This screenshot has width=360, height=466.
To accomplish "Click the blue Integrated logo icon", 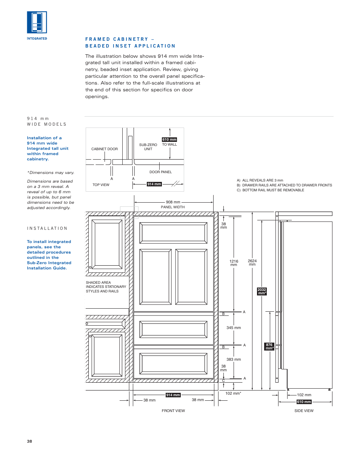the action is tap(37, 22).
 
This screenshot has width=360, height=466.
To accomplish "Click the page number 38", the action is tap(29, 441).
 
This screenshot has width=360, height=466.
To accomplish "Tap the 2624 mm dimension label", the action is tap(252, 263).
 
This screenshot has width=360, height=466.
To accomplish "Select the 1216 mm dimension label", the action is tap(234, 263).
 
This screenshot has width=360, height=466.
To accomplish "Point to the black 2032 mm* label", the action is tap(262, 291).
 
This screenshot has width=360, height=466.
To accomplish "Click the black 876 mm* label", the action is tap(269, 346).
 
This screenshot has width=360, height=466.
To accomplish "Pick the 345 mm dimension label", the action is tap(234, 328).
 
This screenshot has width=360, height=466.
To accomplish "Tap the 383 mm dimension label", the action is tap(234, 359).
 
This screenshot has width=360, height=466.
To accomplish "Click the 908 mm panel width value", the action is tap(173, 202).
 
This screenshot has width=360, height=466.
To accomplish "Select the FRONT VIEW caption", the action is tap(173, 411).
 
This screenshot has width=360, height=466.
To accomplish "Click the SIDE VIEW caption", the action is tap(304, 411).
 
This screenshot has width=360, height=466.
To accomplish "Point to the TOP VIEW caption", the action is tap(101, 185).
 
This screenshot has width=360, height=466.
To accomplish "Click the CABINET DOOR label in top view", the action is tap(105, 149).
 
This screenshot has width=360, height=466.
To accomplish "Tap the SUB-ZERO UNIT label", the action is tap(148, 147).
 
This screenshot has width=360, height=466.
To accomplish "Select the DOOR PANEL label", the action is tap(160, 172).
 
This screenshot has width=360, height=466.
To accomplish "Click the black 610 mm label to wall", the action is tap(169, 139).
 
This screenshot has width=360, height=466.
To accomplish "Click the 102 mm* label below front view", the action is tap(233, 393).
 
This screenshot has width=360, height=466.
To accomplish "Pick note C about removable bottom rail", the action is tap(271, 190).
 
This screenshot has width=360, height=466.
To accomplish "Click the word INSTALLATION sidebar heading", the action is tap(47, 228).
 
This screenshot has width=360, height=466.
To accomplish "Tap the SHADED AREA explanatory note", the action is tap(106, 287).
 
